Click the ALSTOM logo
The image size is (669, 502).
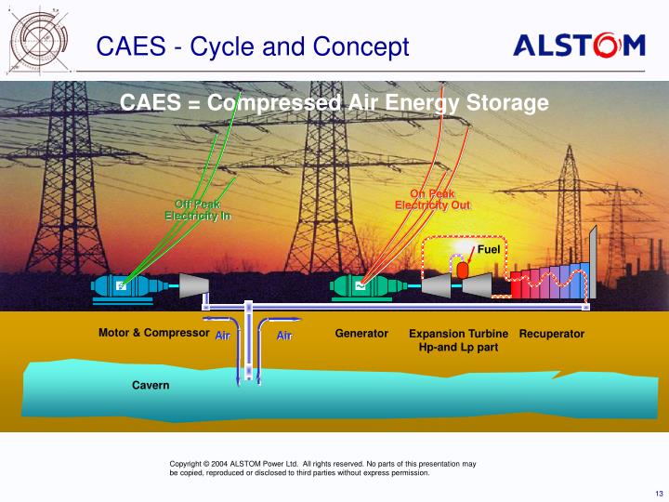click(579, 46)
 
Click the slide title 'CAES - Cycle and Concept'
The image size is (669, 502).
click(253, 46)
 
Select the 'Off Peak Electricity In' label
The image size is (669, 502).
click(197, 210)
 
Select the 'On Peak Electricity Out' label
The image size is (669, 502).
click(432, 199)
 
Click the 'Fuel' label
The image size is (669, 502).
click(489, 250)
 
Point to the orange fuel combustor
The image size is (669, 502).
click(461, 267)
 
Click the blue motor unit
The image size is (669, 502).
click(122, 288)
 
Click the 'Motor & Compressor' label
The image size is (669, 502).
click(153, 333)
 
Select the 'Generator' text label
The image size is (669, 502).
click(361, 334)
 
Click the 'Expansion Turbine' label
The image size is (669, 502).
click(458, 334)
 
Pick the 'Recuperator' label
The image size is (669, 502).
click(552, 334)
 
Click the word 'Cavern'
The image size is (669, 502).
click(151, 385)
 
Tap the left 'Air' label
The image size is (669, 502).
click(223, 336)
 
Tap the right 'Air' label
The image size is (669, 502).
click(284, 336)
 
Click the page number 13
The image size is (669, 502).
click(659, 493)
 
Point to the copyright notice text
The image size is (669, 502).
click(322, 468)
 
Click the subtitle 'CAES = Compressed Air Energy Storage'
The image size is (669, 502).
click(334, 103)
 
